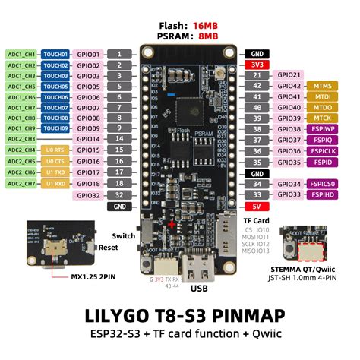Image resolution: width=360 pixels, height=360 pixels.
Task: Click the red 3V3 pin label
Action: (x=256, y=65)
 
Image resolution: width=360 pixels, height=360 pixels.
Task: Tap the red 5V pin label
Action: (x=256, y=206)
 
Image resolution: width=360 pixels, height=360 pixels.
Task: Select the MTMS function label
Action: (x=323, y=87)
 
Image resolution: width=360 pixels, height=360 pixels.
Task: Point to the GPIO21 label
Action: (x=289, y=76)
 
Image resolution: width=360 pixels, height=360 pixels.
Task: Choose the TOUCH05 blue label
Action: (x=55, y=87)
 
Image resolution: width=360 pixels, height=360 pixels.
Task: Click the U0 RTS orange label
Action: (x=55, y=151)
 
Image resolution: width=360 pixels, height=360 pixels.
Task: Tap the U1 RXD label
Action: (x=55, y=184)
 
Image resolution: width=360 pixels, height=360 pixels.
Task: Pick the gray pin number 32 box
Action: (x=119, y=195)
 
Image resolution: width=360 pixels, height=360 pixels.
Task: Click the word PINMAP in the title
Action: (x=262, y=314)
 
